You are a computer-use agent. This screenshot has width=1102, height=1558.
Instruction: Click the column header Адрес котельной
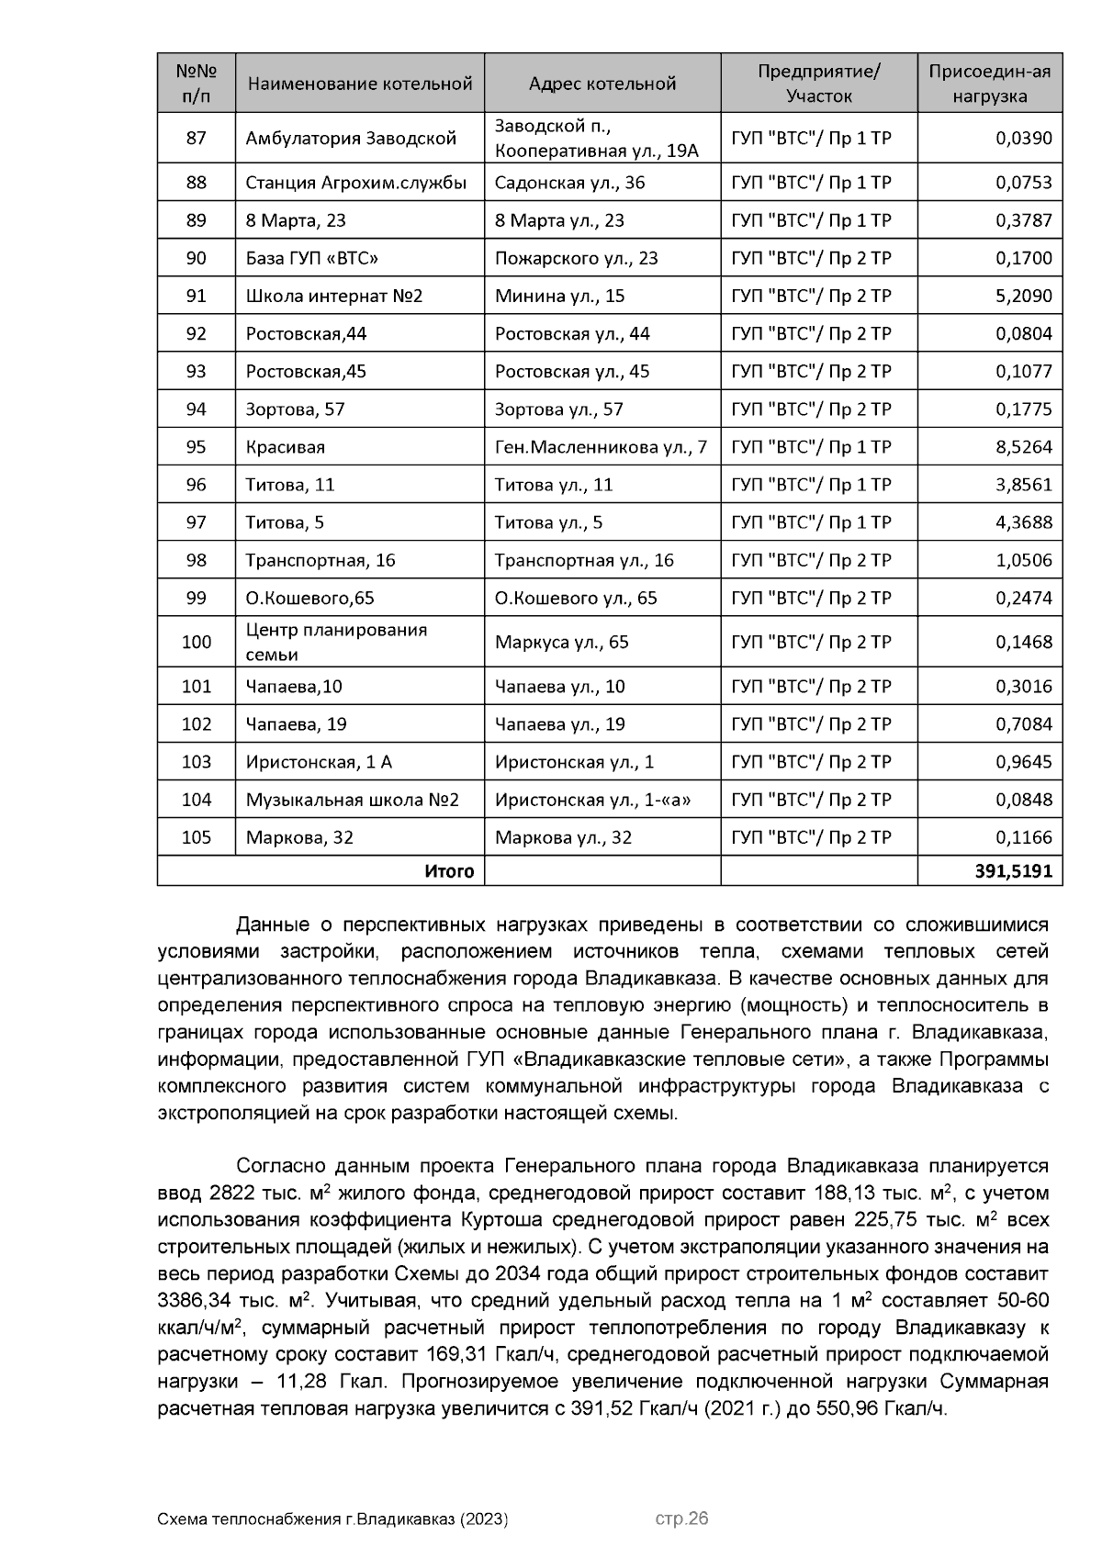tap(602, 84)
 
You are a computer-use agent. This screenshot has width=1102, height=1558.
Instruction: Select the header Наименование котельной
tap(359, 84)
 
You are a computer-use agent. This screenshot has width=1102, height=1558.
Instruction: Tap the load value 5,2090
tap(1024, 296)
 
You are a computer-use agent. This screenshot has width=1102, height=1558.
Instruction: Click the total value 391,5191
tap(1013, 870)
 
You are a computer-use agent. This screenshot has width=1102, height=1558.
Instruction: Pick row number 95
tap(196, 447)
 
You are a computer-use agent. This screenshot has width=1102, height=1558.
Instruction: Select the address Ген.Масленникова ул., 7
tap(601, 447)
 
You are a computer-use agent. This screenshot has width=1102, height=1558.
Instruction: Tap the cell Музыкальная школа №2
tap(352, 800)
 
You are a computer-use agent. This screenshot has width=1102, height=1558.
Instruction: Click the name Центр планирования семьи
tap(336, 642)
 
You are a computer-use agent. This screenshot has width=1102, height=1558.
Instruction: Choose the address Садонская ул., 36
tap(569, 183)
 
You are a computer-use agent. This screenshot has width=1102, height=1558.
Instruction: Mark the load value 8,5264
tap(1024, 447)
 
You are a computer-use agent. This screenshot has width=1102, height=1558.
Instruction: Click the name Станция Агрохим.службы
tap(355, 183)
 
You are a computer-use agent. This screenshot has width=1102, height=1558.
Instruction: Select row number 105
tap(196, 837)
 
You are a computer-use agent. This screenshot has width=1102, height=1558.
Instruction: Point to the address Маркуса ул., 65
tap(561, 642)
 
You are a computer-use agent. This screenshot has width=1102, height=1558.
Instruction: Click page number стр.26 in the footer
tap(681, 1519)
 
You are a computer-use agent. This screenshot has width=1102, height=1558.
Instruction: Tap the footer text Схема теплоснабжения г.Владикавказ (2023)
tap(332, 1519)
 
